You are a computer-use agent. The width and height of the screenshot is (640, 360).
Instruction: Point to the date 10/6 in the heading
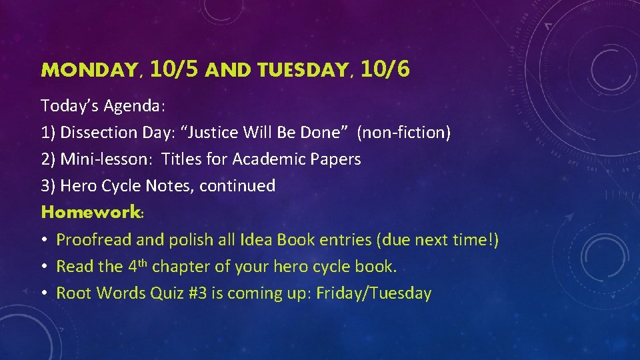pyautogui.click(x=384, y=69)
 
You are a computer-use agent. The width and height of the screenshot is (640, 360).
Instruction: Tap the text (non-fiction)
pyautogui.click(x=404, y=133)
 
